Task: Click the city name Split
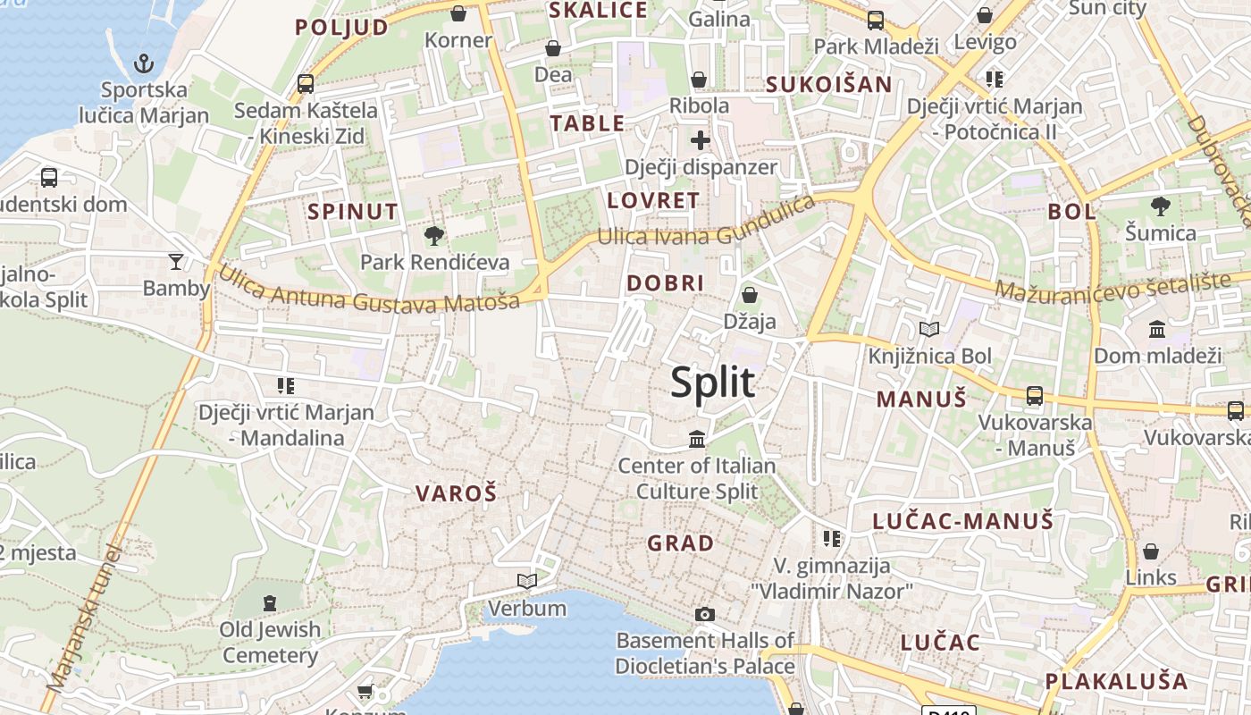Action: pos(712,383)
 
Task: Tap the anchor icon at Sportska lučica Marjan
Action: pos(143,63)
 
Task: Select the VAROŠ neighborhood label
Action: pos(456,492)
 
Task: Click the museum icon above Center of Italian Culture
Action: pos(697,439)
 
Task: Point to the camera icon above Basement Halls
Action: pos(705,614)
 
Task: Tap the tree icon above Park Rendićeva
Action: pos(434,236)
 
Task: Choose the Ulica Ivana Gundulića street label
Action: pos(706,223)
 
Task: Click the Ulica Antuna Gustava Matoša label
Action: pos(369,290)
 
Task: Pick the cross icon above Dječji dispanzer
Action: pos(701,140)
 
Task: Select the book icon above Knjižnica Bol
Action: pos(929,330)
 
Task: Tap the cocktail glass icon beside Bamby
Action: pos(176,261)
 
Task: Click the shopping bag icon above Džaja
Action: pos(750,294)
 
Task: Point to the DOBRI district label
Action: pos(666,283)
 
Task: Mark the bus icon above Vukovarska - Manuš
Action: pos(1035,395)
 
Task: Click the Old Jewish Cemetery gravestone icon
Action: pos(270,603)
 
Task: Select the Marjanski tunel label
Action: pos(83,618)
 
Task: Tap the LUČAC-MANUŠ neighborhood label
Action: pos(962,521)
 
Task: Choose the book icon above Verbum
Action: pos(527,582)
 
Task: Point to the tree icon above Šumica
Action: pos(1160,206)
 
